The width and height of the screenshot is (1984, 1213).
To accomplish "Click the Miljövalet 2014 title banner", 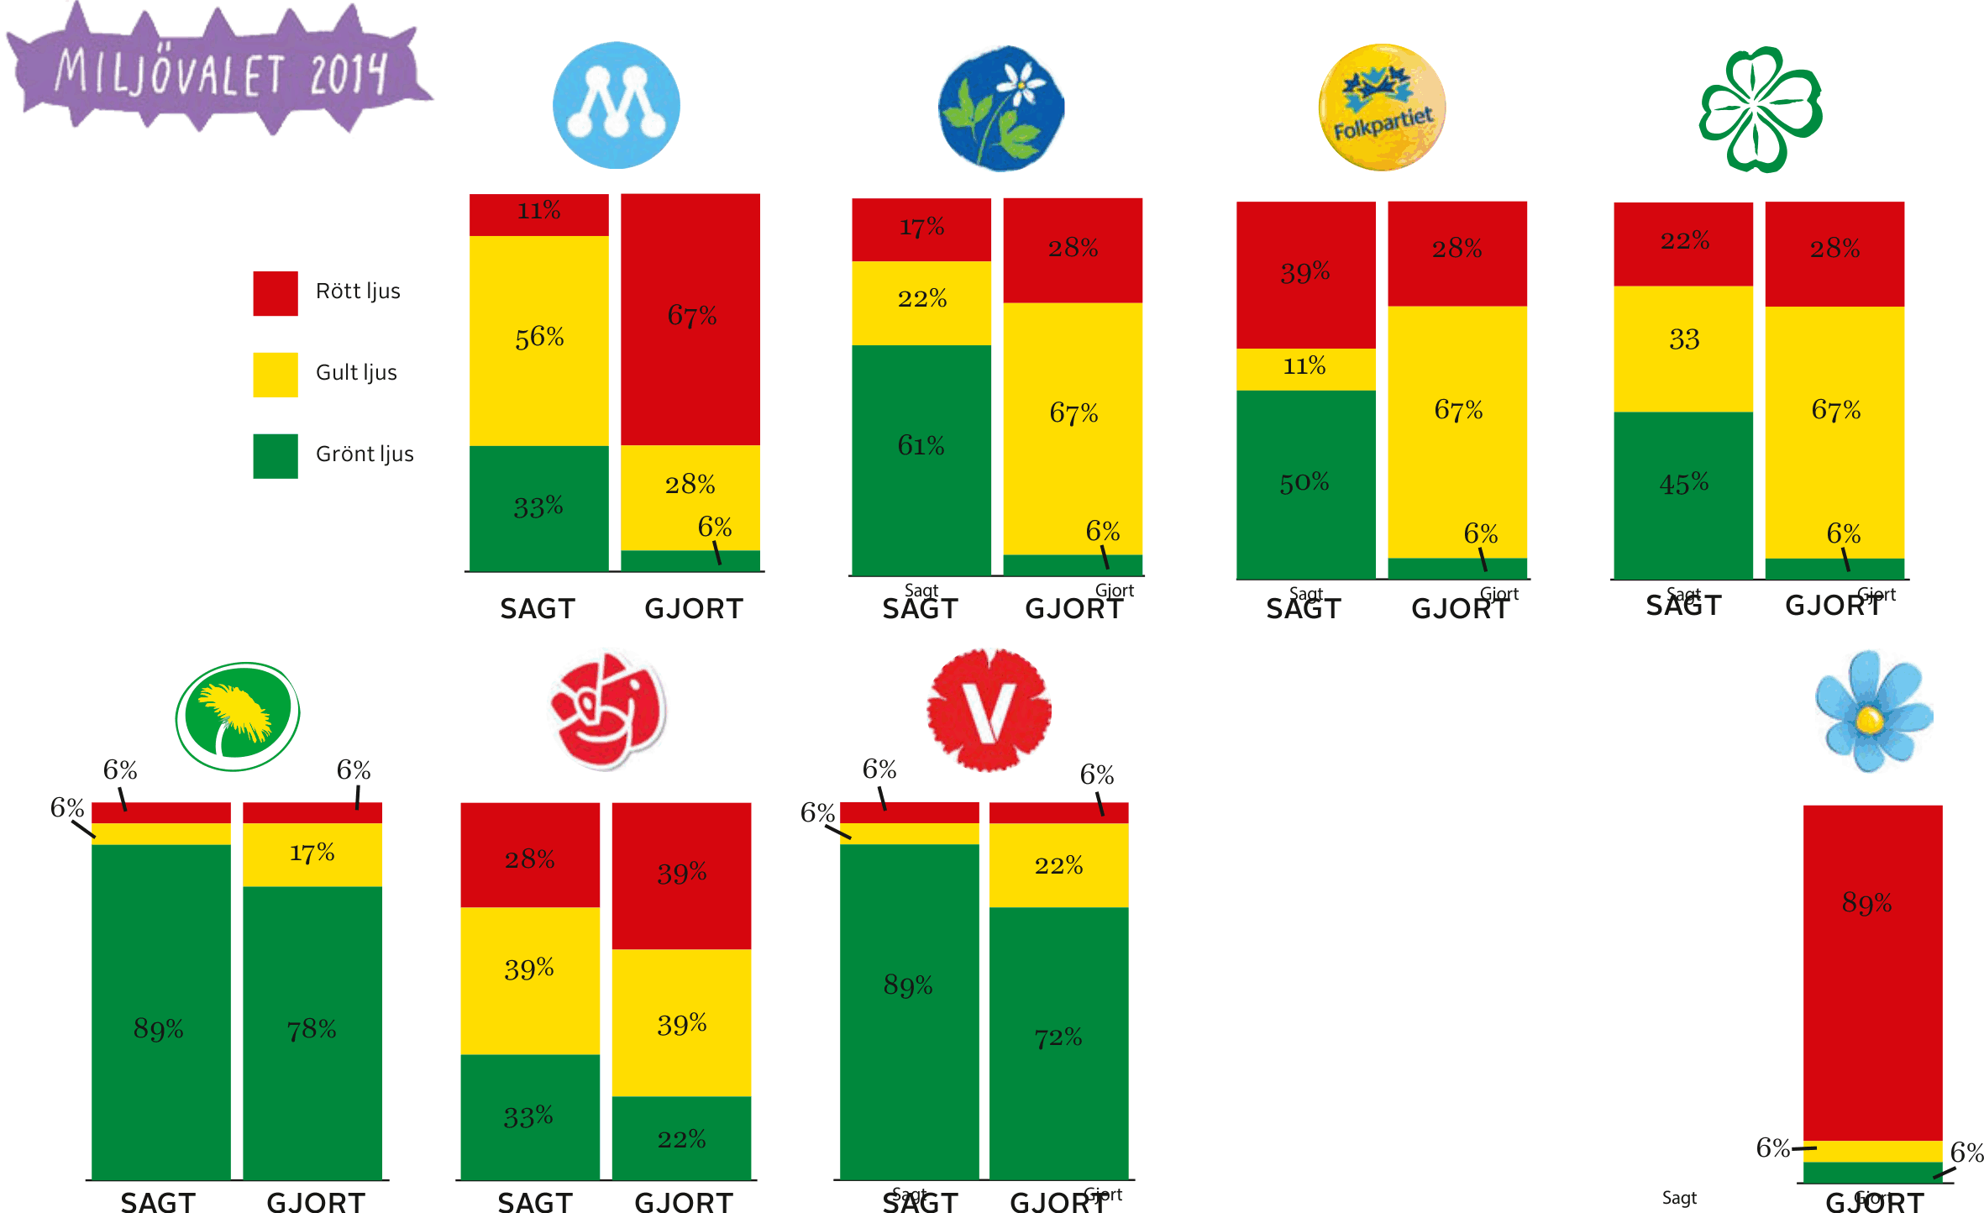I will (x=220, y=71).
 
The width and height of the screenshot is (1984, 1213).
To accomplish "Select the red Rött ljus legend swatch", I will (x=276, y=293).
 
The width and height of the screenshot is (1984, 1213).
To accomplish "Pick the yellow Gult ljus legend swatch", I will (x=276, y=375).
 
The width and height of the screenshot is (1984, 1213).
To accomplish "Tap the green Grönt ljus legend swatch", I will (x=276, y=456).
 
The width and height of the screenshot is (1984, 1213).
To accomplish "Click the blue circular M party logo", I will (x=617, y=106).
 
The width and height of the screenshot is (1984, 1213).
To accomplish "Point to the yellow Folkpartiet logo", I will (x=1382, y=108).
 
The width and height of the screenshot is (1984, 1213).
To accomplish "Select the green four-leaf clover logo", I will (x=1761, y=110).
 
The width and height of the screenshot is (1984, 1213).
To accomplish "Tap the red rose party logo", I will (x=608, y=709).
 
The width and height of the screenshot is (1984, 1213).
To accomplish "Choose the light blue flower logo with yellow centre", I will (x=1874, y=711).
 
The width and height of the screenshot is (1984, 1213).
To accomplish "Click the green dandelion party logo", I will (x=238, y=717).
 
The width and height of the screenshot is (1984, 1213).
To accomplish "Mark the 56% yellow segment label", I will (x=539, y=338).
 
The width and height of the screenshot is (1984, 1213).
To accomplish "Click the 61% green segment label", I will (x=921, y=445).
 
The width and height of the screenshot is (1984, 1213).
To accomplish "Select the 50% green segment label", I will (x=1304, y=483).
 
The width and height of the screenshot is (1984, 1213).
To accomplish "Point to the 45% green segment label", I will (x=1684, y=484).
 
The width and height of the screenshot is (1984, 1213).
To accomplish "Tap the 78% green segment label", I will (x=312, y=1029).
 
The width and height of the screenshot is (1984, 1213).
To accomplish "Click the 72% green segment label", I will (x=1058, y=1038).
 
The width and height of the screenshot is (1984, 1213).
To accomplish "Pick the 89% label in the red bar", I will (x=1866, y=903).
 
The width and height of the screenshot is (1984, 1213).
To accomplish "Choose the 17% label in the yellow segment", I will (x=312, y=853).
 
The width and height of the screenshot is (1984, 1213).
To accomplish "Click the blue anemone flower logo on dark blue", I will (x=1001, y=108).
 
